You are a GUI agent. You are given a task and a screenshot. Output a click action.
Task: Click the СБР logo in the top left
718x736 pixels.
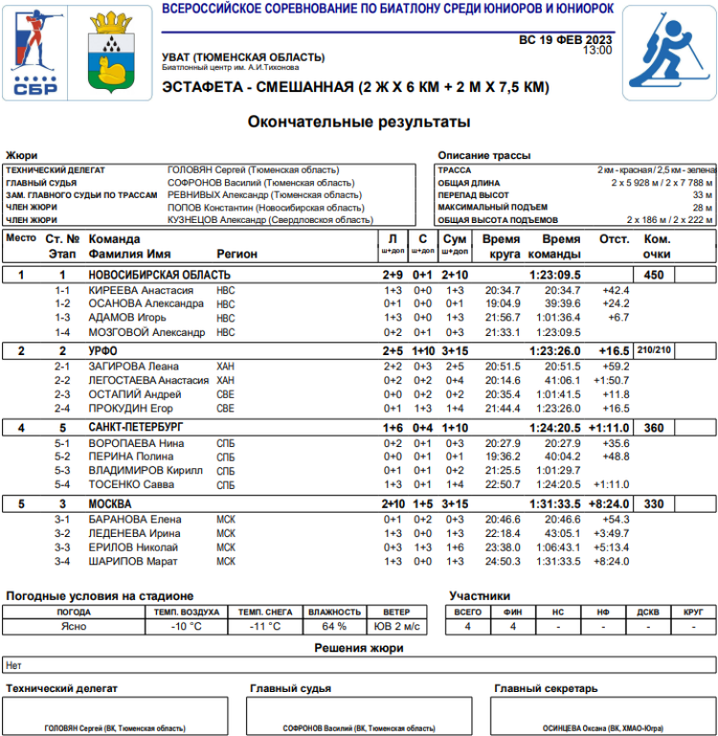coord(35,52)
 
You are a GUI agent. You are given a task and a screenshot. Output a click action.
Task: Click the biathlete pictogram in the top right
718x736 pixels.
coord(668,52)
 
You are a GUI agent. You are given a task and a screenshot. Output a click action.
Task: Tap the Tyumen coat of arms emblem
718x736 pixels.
coord(112,52)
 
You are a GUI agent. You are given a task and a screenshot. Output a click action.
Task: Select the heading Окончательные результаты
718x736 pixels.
coord(359,122)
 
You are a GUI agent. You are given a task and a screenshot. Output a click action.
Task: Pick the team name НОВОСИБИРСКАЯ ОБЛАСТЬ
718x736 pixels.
coord(160,276)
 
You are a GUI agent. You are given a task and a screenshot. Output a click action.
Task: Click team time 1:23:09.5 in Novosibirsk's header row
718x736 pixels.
coord(554,276)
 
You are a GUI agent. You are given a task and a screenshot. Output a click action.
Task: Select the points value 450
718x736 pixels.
coord(655,276)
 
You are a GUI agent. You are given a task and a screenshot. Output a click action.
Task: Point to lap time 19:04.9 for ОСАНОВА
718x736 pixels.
coord(503,304)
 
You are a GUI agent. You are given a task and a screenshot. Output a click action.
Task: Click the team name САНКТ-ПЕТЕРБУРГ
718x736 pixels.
coord(136,427)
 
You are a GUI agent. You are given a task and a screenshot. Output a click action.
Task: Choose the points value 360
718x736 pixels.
coord(655,427)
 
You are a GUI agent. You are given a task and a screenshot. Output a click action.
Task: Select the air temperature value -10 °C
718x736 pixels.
coord(186,627)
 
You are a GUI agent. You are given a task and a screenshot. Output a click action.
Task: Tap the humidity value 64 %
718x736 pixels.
coord(334,627)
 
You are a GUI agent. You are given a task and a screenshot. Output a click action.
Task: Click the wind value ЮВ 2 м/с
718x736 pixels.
coord(396,627)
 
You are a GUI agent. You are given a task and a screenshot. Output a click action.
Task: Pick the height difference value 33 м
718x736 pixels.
coord(701,195)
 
